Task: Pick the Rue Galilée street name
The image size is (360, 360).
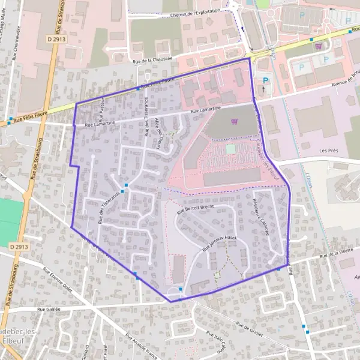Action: pos(49,309)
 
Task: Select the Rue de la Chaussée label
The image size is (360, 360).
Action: pos(152,59)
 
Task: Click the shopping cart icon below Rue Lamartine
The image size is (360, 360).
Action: pos(234,122)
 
